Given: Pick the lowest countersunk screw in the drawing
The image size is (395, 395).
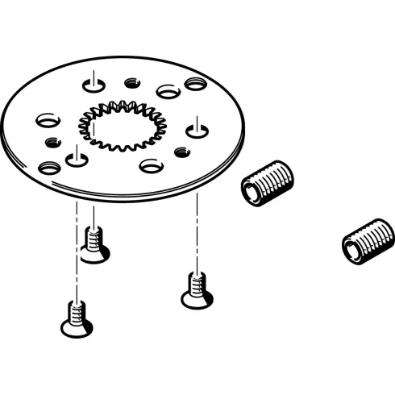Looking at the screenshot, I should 76,318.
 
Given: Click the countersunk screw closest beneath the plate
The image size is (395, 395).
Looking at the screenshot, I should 94,244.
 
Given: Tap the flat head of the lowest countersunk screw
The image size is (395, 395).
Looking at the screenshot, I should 76,327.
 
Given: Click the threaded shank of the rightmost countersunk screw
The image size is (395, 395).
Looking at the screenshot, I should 194,284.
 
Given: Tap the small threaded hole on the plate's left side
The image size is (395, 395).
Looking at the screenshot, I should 52,143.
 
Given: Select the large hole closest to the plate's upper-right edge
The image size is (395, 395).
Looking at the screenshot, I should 195,83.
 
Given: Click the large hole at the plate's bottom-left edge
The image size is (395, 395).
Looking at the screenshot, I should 49,168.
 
